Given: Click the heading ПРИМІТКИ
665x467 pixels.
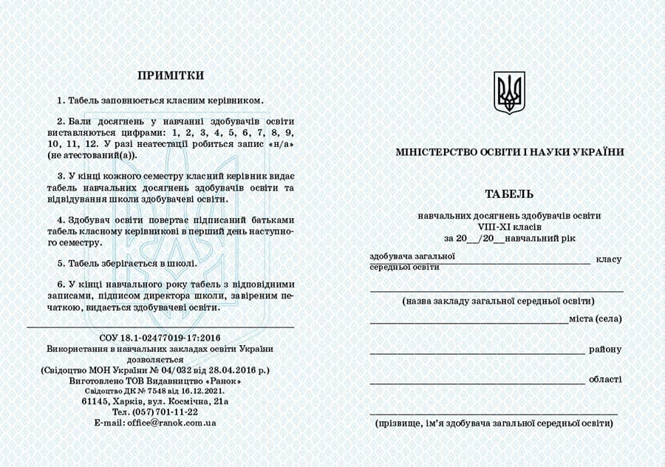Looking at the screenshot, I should click(170, 75).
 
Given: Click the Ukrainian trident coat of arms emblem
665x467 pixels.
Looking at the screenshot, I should click(509, 92).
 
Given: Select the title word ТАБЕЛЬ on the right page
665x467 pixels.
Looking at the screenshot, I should click(509, 194).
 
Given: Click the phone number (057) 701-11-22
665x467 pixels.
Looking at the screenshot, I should click(166, 412).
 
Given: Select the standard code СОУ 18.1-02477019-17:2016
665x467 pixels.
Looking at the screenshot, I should click(160, 337).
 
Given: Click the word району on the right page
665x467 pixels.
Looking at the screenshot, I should click(605, 350).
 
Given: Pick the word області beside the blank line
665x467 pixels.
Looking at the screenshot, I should click(605, 379).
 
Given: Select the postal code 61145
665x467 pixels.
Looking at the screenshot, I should click(98, 400).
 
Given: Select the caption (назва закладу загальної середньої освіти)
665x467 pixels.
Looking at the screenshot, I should click(499, 301).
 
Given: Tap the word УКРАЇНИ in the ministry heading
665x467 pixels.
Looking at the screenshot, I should click(595, 152).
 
